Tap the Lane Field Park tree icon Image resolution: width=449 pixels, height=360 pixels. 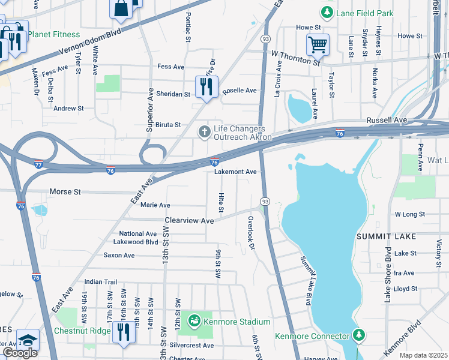(x=327, y=11)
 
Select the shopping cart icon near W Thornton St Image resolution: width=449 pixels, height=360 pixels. (x=318, y=44)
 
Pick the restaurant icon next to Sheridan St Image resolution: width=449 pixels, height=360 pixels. (x=206, y=86)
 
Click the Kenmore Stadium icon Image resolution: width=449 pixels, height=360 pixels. (x=194, y=322)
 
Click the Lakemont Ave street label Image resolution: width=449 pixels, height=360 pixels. (x=236, y=172)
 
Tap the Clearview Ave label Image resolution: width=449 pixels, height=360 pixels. (x=190, y=221)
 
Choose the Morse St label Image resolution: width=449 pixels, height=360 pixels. (x=68, y=192)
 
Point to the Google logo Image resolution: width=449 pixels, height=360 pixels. (x=20, y=353)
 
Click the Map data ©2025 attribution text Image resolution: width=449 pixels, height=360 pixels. (x=423, y=355)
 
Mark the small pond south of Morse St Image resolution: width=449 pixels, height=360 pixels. (x=39, y=211)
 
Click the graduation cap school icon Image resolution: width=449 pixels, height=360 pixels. (x=28, y=340)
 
